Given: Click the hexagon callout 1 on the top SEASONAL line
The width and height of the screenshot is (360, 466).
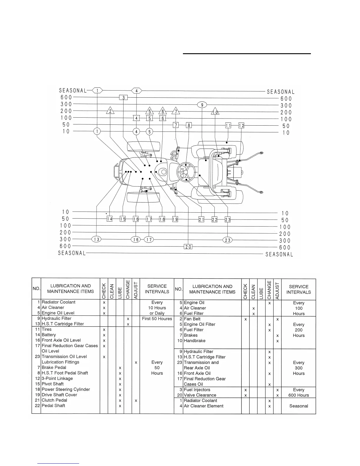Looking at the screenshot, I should [97, 91].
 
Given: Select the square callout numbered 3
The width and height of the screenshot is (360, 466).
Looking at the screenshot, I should [124, 98].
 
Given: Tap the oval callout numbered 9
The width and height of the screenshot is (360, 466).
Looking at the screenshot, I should [202, 105].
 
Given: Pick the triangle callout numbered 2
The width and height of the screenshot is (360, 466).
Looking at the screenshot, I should [110, 111].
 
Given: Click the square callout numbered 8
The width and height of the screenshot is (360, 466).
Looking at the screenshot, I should [189, 125].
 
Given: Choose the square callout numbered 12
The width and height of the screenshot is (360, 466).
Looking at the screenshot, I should [241, 126].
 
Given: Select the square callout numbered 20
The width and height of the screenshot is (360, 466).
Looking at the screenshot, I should [188, 247].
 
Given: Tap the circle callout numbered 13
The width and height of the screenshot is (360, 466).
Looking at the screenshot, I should [97, 239].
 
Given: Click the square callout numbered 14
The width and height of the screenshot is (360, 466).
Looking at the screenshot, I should [109, 219].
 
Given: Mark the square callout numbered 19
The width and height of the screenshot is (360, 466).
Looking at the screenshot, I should [175, 219].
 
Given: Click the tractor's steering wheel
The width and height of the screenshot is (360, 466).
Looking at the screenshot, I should [186, 171].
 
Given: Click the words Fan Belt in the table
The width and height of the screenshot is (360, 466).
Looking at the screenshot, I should [192, 319].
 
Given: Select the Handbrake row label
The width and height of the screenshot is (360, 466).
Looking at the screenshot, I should [194, 341].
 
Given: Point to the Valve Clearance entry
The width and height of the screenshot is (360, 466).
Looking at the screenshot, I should [200, 395].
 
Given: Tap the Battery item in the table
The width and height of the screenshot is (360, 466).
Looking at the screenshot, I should [49, 335].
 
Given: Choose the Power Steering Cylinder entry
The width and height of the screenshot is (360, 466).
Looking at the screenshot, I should [66, 389].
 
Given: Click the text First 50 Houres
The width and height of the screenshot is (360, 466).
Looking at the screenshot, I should [157, 319].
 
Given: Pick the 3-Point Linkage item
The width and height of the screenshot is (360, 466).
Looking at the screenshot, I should [57, 378].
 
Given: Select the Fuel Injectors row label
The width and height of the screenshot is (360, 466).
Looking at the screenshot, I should [197, 390].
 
